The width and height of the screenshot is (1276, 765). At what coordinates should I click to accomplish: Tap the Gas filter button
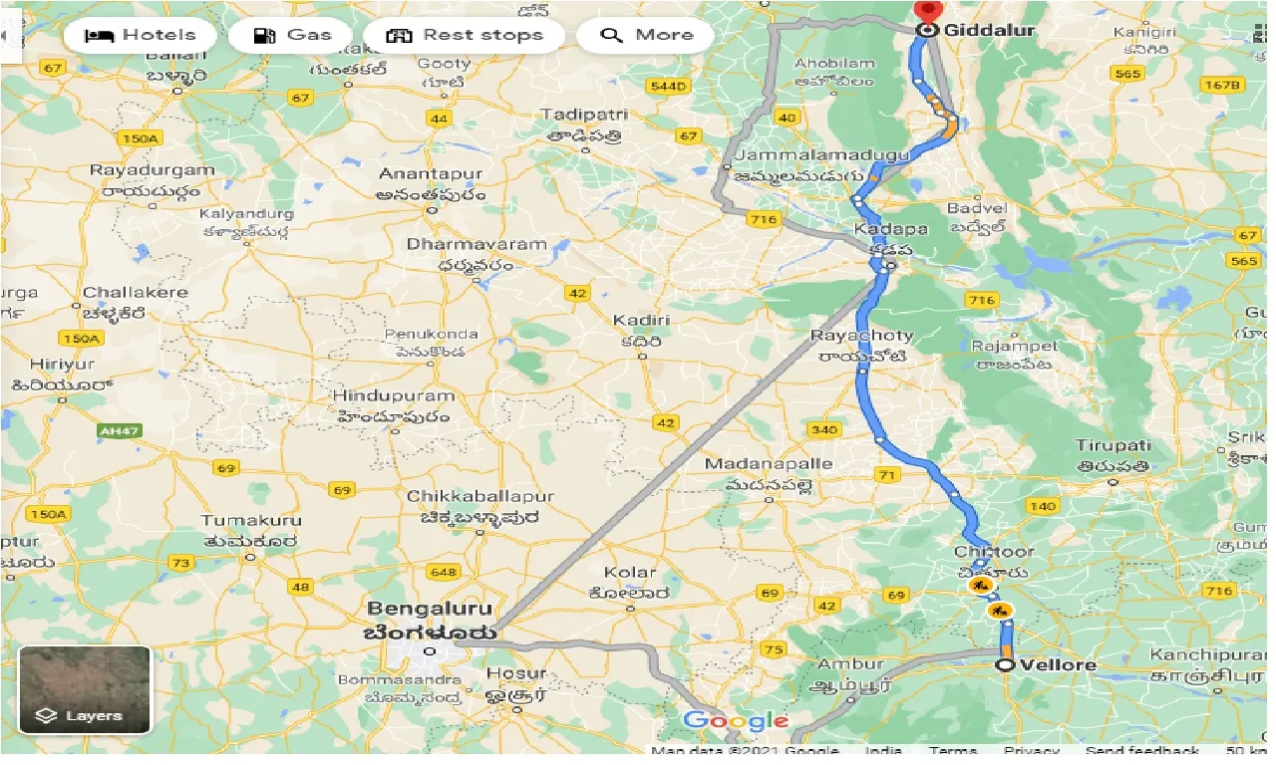click(x=290, y=36)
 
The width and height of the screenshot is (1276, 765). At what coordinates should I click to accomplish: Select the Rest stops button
click(x=464, y=36)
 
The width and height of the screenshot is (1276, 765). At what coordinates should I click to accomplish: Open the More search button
click(x=646, y=36)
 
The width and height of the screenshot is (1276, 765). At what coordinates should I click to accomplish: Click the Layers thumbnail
click(x=85, y=689)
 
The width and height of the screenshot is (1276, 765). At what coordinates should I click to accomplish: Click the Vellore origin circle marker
click(x=1005, y=664)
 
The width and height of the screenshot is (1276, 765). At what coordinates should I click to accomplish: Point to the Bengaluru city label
click(x=431, y=608)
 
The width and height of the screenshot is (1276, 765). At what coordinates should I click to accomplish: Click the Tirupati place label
click(x=1114, y=446)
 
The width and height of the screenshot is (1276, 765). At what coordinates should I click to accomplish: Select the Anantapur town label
click(x=431, y=174)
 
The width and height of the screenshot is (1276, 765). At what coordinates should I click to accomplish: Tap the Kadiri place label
click(x=641, y=321)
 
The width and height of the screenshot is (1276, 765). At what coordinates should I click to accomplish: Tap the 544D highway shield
click(x=668, y=87)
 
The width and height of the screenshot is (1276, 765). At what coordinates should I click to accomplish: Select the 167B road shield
click(x=1220, y=85)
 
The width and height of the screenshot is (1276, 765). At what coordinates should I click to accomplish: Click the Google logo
click(x=736, y=721)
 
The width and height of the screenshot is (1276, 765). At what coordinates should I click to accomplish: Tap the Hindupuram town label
click(x=393, y=396)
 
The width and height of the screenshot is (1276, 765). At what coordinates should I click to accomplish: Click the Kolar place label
click(x=630, y=573)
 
